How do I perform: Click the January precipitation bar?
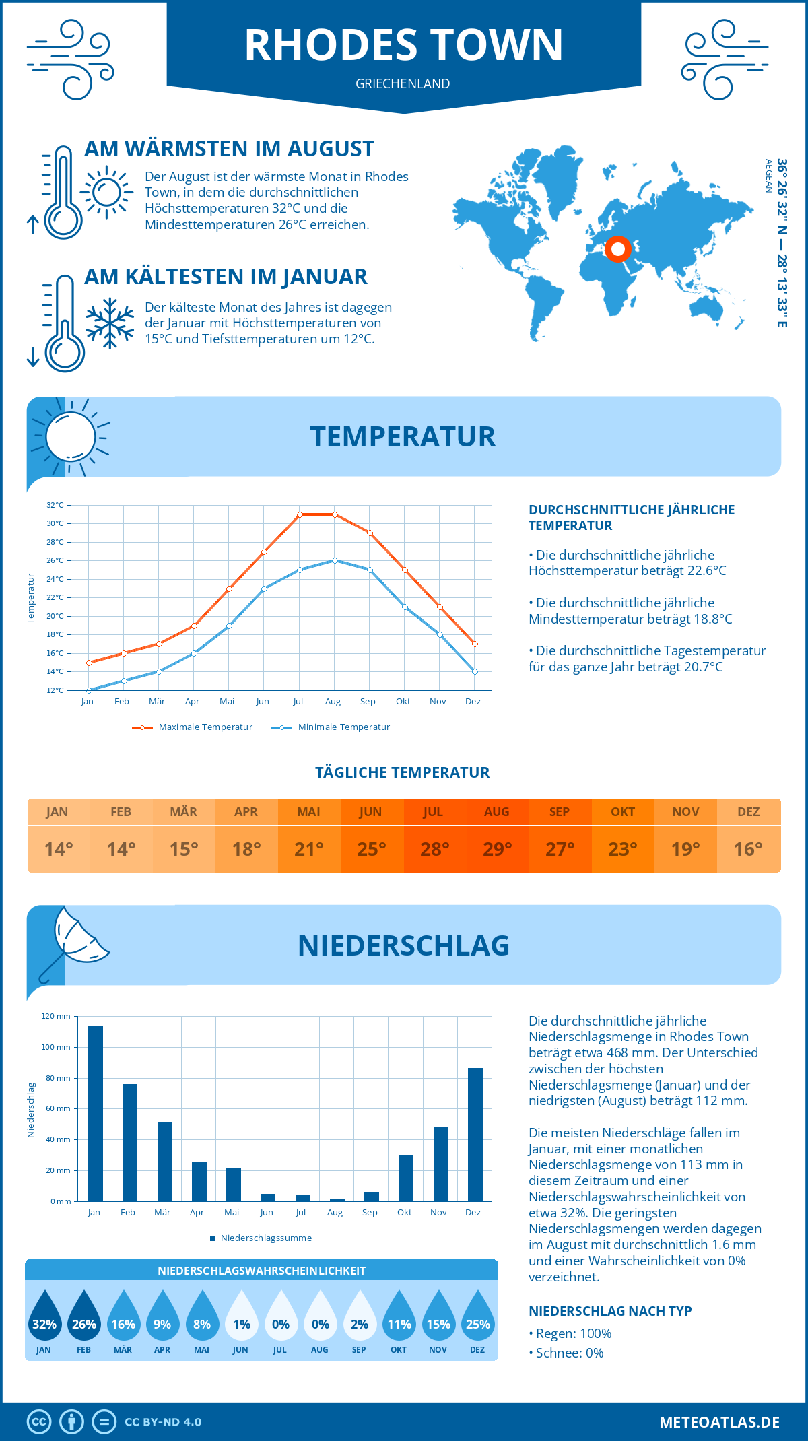coord(96,1114)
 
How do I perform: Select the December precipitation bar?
coord(475,1135)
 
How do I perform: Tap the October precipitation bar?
coord(405,1178)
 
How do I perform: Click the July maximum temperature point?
coord(300,514)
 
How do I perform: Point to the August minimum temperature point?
coord(335,560)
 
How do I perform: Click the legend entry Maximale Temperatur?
coord(193,727)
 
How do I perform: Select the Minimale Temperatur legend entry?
coord(331,727)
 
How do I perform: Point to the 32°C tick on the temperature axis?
coord(55,505)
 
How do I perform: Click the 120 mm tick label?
coord(56,1016)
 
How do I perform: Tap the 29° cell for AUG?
coord(497,849)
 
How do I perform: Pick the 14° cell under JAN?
coord(59,849)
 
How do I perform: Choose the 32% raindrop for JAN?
coord(44,1316)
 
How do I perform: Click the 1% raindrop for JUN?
coord(242,1316)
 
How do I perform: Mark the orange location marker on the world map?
coord(617,249)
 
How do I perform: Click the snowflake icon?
coord(110,323)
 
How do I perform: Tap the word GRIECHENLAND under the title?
coord(403,83)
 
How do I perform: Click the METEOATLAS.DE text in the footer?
coord(719,1422)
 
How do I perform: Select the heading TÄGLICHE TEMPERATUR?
coord(403,772)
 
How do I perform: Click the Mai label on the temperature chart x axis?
coord(227,702)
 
